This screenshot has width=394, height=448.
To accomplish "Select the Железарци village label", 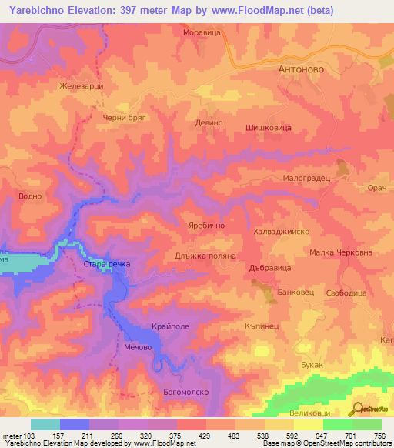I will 81,86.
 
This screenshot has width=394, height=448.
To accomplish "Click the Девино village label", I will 209,122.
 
